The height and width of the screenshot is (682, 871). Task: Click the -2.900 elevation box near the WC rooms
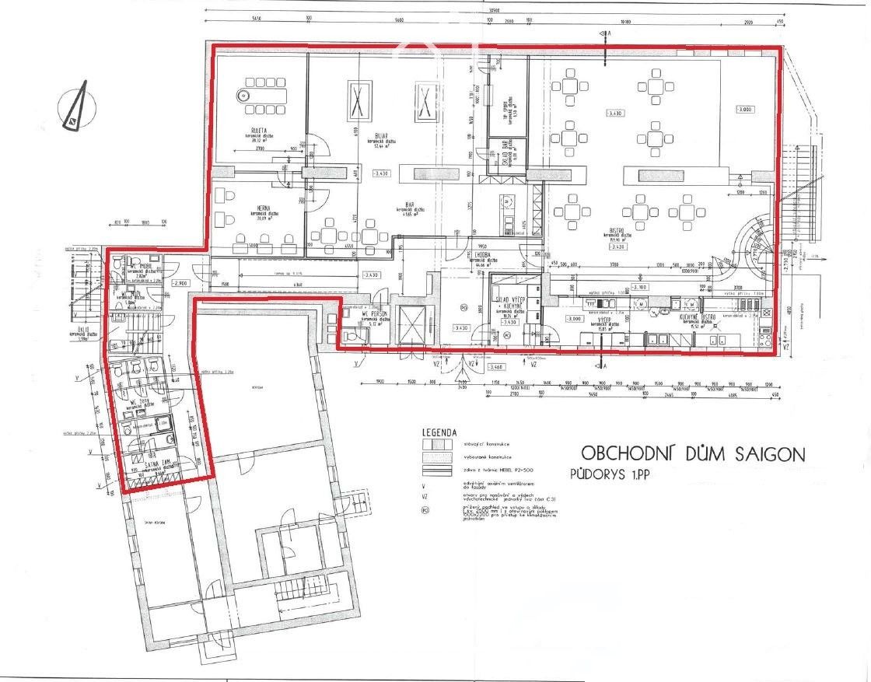[181, 283]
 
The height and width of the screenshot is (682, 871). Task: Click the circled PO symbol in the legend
[425, 511]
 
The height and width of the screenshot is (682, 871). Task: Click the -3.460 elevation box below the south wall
[495, 366]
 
